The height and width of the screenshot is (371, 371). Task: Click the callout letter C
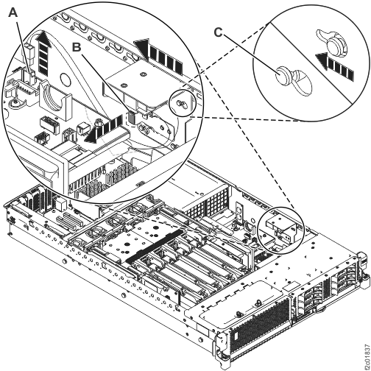[216, 32]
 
